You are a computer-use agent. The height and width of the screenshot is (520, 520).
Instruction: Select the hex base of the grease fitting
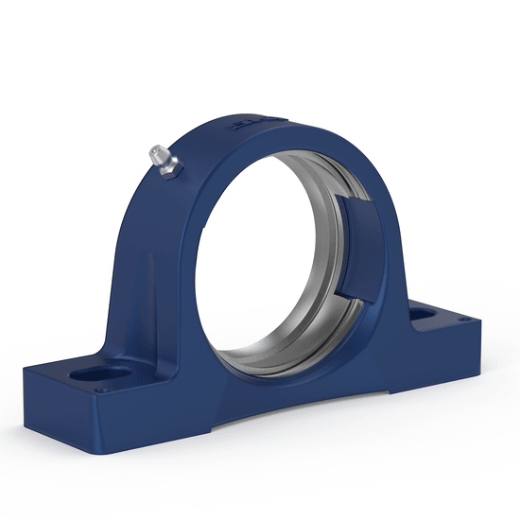pyautogui.click(x=171, y=168)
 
